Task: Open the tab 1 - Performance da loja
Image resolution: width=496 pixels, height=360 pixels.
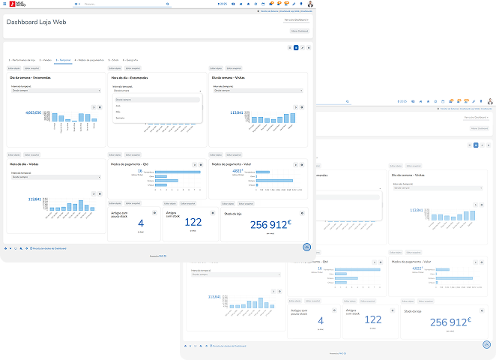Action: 22,59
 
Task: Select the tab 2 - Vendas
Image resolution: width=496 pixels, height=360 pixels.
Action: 45,59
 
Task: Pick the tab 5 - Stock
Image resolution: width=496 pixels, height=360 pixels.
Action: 114,59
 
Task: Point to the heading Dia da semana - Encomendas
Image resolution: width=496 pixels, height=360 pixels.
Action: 31,76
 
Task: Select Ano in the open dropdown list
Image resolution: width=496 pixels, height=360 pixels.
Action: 118,106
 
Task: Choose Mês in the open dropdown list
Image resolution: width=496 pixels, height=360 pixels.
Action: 118,112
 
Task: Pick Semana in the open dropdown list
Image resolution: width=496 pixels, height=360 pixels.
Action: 120,118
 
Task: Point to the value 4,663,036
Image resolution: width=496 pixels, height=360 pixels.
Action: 34,112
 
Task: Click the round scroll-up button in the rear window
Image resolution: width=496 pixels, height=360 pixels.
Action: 486,345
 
